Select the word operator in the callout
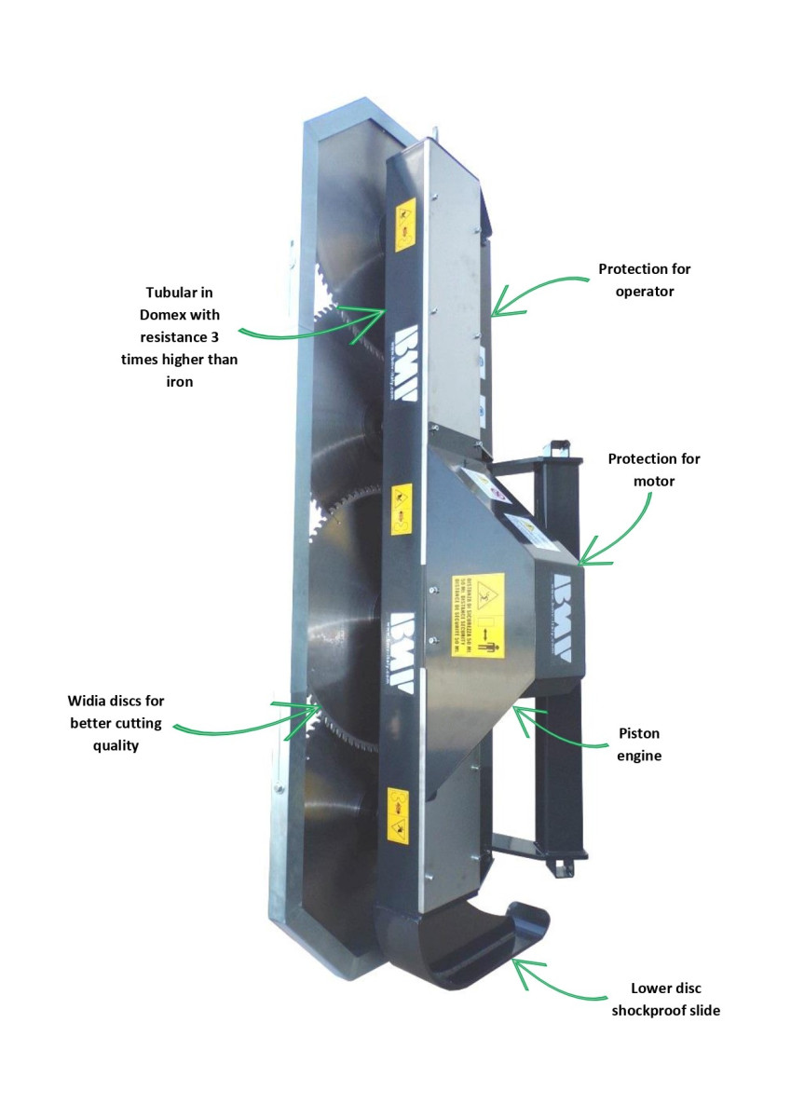coord(644,291)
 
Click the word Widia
coord(89,701)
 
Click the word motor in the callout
coord(653,482)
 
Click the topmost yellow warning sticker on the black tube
coord(405,225)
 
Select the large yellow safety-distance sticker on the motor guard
coord(478,615)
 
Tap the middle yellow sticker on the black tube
coord(402,507)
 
